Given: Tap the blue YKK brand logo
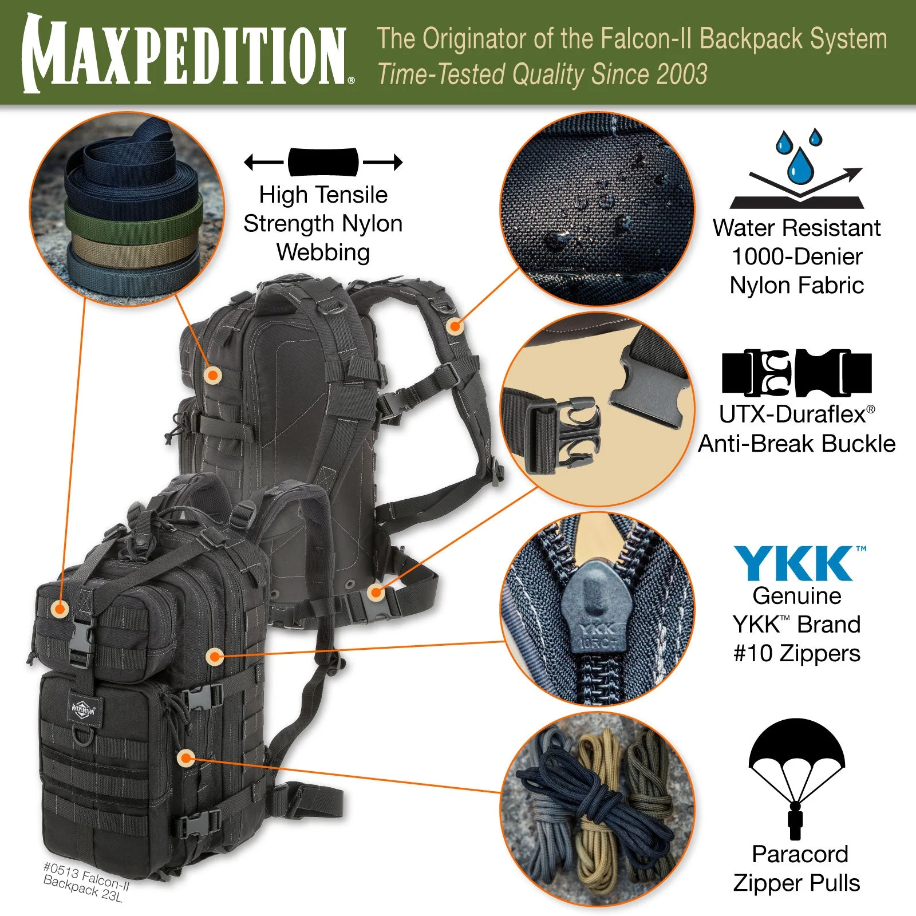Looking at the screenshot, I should click(796, 563).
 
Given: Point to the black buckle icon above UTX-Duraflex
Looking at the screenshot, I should click(796, 373).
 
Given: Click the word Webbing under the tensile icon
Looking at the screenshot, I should click(323, 252).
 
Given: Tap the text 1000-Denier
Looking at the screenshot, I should click(796, 256).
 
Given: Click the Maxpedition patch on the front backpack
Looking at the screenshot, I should click(84, 710).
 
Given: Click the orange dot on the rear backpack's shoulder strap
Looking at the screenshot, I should click(455, 327).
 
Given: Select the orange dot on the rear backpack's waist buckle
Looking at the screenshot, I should click(376, 593).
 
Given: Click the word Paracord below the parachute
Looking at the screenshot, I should click(799, 854).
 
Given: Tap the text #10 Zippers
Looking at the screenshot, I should click(796, 653).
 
